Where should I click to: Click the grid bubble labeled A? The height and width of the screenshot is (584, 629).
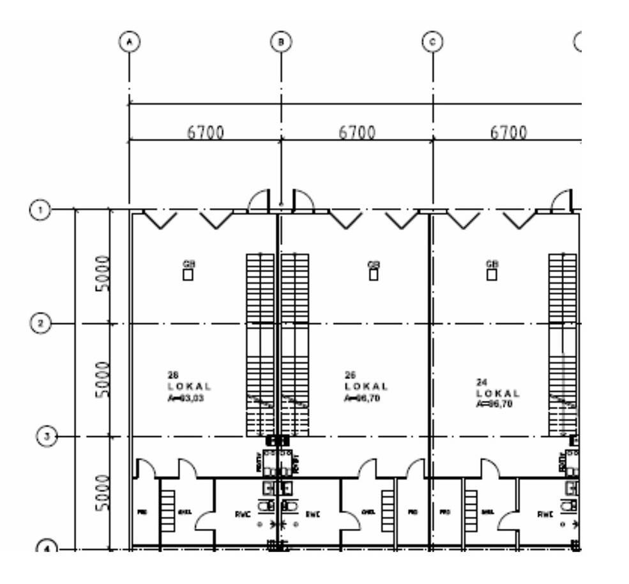coord(130,42)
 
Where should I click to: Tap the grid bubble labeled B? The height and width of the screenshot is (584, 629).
coord(281,42)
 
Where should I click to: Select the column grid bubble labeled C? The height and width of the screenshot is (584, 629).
coord(433,42)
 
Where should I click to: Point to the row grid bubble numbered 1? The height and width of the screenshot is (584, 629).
coord(41,209)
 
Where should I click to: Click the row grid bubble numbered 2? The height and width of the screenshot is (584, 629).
coord(41,324)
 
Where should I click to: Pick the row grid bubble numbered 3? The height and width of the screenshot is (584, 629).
coord(45,437)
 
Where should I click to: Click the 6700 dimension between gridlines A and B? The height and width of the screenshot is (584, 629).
coord(206,133)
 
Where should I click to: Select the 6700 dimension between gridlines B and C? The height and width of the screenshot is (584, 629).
coord(357,133)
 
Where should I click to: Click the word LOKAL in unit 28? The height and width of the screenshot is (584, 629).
coord(189,386)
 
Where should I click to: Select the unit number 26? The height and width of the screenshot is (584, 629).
coord(350,375)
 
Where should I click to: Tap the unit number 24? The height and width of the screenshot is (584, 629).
coord(481,382)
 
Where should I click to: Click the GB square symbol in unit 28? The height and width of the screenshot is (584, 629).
coord(188,274)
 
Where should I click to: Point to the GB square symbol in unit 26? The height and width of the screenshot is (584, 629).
coord(374,274)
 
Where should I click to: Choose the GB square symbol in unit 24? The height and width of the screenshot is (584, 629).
coord(492,274)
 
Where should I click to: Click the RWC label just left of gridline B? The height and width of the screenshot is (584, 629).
coord(242,514)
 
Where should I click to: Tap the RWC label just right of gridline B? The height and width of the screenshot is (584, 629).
coord(312,514)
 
